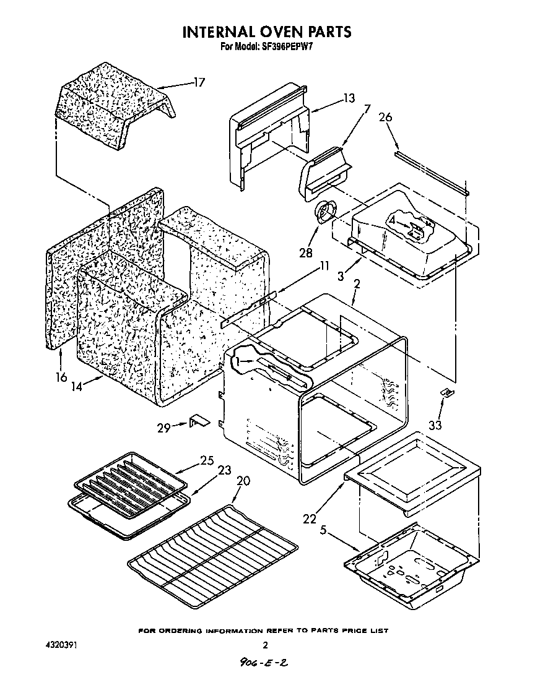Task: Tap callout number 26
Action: tap(386, 118)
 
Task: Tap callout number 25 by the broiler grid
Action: tap(207, 460)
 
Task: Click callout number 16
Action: tap(60, 377)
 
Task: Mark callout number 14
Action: tap(77, 387)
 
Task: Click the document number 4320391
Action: tap(61, 645)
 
